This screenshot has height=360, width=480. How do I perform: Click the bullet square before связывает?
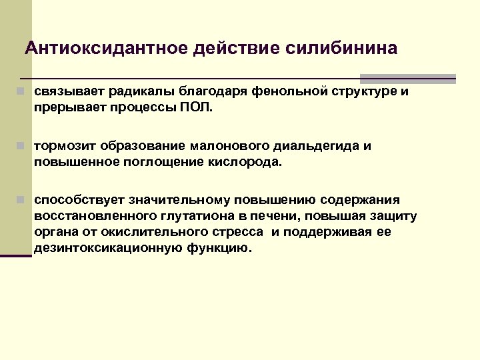(x=22, y=91)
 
